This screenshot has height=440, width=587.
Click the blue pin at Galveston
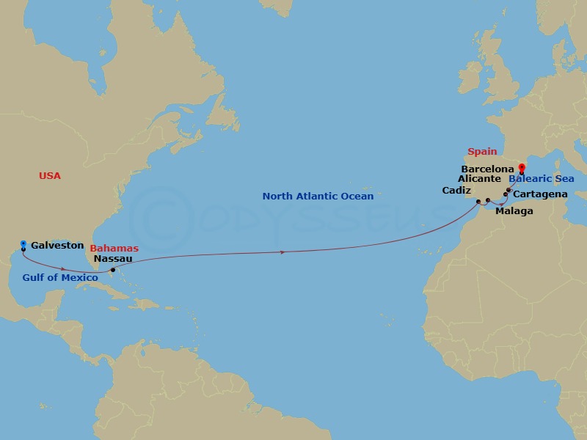pos(23,244)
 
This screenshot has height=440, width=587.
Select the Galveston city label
pos(57,246)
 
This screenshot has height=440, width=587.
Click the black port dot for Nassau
pos(112,271)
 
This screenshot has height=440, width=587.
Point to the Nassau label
pos(113,259)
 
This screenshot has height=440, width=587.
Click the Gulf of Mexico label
pos(60,277)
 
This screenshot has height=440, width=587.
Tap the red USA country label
pos(50,176)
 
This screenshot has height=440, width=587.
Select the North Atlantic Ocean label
pos(318,197)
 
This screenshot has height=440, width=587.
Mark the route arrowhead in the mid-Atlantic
pos(283,252)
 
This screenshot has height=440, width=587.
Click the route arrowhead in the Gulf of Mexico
pos(64,269)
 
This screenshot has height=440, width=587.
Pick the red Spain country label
pos(482,153)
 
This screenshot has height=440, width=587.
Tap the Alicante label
pos(479,179)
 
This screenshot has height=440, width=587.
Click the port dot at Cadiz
pos(478,201)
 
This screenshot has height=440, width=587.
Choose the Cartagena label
pos(539,194)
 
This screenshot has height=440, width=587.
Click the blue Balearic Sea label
pos(541,179)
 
